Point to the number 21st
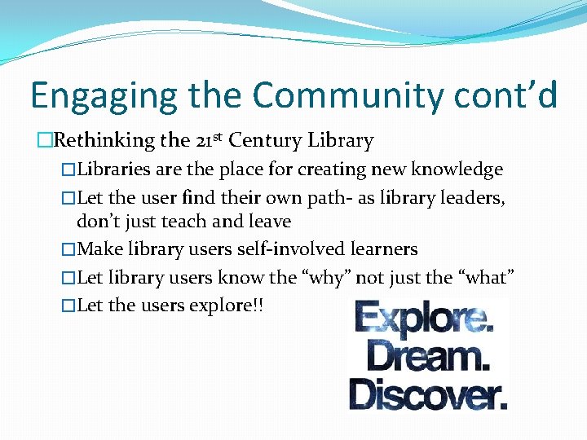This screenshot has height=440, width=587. pos(210,139)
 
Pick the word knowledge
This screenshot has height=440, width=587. pos(457,169)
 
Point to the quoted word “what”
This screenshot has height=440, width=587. pos(486,277)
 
